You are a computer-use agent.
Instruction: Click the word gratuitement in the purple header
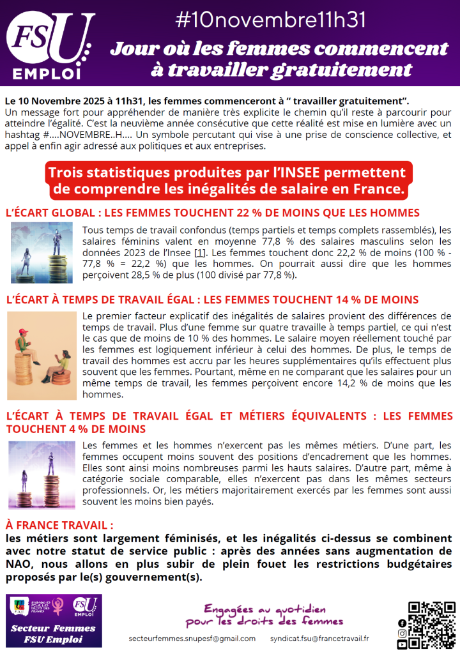[x=345, y=70]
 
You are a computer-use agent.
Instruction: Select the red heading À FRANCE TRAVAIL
[x=59, y=525]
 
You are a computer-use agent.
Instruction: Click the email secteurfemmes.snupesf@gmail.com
[x=192, y=638]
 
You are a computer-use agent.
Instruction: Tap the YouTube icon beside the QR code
[x=402, y=645]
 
